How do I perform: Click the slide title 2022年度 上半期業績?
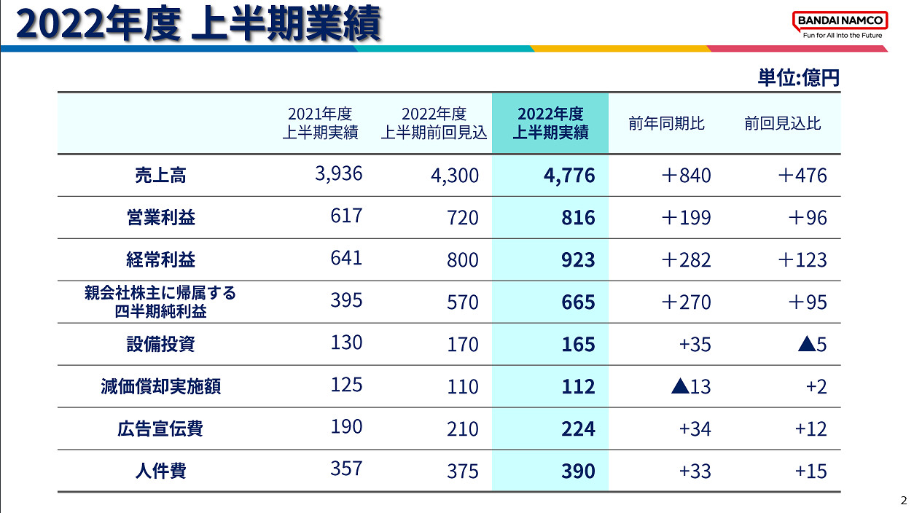click(x=199, y=25)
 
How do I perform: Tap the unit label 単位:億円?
click(x=798, y=78)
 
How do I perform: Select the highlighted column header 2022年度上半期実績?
click(x=550, y=123)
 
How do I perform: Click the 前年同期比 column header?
click(x=666, y=123)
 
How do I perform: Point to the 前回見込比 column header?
click(x=782, y=123)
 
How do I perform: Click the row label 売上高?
click(x=160, y=175)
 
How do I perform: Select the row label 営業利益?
click(x=160, y=217)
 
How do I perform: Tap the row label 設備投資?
click(x=160, y=343)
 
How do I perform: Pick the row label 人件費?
click(x=160, y=471)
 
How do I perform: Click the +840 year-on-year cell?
click(x=685, y=176)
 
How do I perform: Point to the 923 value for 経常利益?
click(x=578, y=260)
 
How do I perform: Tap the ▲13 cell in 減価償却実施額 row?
click(x=690, y=386)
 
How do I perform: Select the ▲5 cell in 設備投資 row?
click(x=811, y=344)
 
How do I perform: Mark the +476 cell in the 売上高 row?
click(x=802, y=176)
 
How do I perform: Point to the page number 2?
click(x=904, y=501)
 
